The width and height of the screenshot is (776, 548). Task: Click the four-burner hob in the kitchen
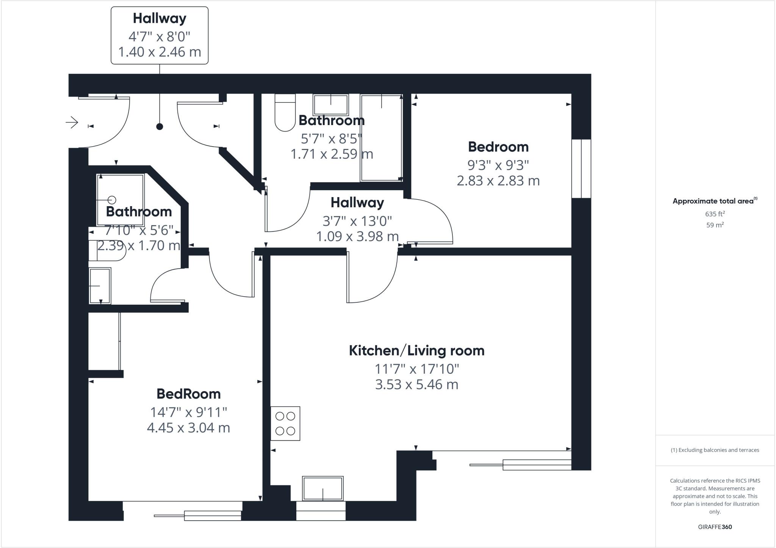(285, 423)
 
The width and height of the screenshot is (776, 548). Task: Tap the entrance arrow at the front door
(72, 122)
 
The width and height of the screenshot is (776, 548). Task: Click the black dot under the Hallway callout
(160, 127)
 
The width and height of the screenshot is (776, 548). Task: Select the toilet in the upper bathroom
(285, 114)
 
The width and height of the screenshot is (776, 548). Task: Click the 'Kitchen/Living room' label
(416, 351)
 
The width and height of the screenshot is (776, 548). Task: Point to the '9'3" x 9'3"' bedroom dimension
(498, 165)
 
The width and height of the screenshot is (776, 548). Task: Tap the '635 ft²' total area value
(715, 214)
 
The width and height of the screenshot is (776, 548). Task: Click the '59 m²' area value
(715, 225)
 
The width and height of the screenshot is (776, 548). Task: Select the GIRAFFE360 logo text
(715, 527)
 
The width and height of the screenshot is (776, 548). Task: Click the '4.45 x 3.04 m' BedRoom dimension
(188, 428)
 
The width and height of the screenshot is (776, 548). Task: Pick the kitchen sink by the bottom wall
(322, 488)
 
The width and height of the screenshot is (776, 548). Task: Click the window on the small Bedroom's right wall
(581, 169)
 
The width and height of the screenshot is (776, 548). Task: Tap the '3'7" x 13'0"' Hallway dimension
(357, 220)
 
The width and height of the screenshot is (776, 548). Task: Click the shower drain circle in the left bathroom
(112, 200)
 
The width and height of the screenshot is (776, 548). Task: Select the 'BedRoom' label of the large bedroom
(188, 394)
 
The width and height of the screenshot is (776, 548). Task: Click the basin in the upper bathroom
(330, 104)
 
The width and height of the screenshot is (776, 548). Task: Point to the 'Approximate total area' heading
(714, 201)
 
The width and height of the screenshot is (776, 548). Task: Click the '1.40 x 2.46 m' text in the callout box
(160, 52)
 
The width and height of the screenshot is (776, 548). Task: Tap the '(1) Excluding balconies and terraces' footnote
(715, 450)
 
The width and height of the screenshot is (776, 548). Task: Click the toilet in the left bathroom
(106, 251)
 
